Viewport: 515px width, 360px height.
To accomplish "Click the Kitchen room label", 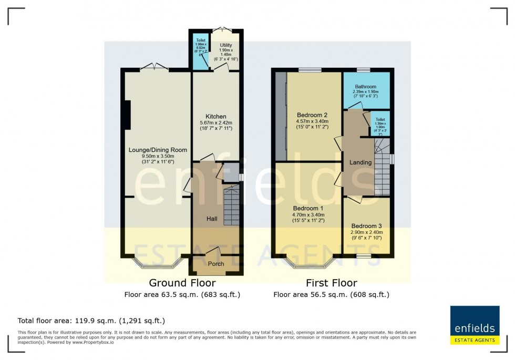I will (215, 116).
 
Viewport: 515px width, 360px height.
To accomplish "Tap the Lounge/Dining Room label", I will (158, 150).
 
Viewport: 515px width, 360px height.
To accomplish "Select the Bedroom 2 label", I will (312, 115).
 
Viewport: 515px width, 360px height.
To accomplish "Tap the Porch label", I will (216, 264).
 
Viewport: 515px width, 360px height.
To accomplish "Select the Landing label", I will (360, 162).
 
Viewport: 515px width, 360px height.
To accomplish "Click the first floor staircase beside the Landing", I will (382, 168).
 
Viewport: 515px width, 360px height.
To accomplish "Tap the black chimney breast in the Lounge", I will (126, 115).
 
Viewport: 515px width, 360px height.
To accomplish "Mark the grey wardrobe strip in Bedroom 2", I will (281, 117).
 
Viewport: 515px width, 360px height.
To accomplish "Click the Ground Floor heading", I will (182, 283).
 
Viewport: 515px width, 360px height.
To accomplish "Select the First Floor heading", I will (331, 283).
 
